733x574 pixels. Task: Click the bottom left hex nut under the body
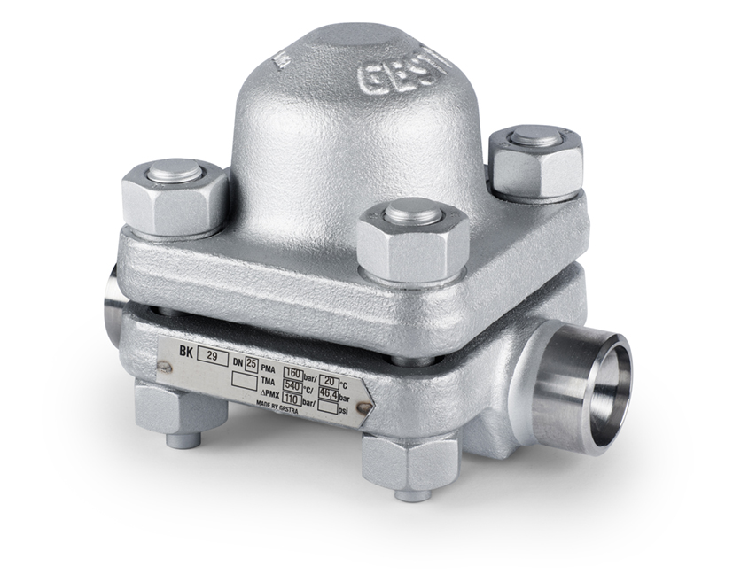[x=170, y=408]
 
